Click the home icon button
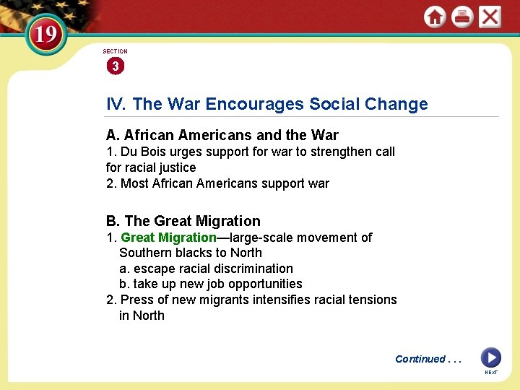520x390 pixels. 435,17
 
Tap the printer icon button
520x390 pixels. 462,17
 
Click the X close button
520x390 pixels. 490,17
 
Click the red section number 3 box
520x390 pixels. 115,66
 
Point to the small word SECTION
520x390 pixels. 115,51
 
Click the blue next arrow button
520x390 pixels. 490,357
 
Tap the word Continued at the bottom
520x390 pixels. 420,359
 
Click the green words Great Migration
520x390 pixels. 168,238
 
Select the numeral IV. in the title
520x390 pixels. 116,104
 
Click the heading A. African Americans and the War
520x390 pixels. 222,135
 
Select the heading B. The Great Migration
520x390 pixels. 183,221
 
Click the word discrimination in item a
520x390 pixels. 252,269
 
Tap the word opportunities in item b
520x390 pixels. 262,284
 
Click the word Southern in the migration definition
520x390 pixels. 143,253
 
